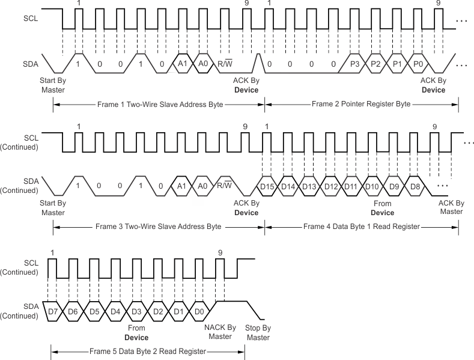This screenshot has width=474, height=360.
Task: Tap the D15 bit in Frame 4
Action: (268, 186)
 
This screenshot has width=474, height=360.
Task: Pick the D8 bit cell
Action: (415, 186)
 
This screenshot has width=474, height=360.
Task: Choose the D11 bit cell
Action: (350, 186)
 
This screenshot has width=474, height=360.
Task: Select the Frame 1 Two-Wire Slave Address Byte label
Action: (159, 104)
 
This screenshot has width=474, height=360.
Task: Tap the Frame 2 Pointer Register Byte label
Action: (361, 104)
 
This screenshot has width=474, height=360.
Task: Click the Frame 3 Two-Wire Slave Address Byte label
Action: (159, 227)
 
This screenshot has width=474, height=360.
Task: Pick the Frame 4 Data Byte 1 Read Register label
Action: (361, 227)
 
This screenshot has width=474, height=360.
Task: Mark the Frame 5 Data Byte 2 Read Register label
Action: (148, 351)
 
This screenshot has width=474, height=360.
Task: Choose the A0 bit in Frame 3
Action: (202, 186)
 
